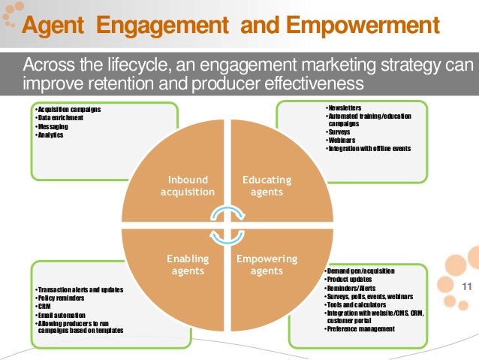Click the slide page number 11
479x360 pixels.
[466, 286]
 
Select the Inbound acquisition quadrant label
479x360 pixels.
[187, 186]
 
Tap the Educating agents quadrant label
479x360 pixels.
[267, 186]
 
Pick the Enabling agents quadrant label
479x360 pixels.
[187, 265]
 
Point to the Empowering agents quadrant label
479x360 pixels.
[267, 265]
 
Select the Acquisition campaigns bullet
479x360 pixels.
[68, 110]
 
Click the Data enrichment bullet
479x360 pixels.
[59, 119]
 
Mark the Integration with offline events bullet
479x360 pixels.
[370, 148]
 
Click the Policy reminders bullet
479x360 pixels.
[63, 298]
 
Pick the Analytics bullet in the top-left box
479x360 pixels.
[50, 135]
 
